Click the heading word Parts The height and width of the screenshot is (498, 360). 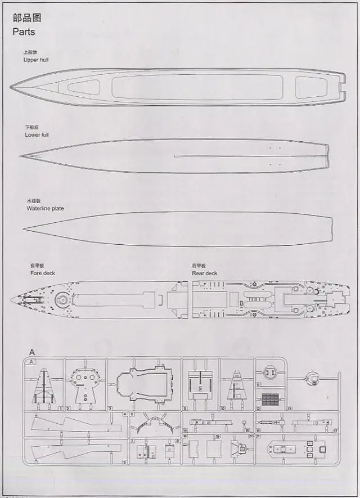point(24,32)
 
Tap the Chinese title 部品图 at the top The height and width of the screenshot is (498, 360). point(26,17)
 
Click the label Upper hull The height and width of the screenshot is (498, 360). point(36,60)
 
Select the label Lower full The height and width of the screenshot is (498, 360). point(37,135)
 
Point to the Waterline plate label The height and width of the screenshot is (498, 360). point(45,208)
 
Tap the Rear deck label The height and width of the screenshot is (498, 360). point(205,273)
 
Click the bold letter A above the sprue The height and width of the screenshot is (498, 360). point(31,352)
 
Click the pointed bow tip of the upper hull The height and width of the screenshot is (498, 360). point(12,87)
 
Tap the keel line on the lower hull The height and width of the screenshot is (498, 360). point(247,156)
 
